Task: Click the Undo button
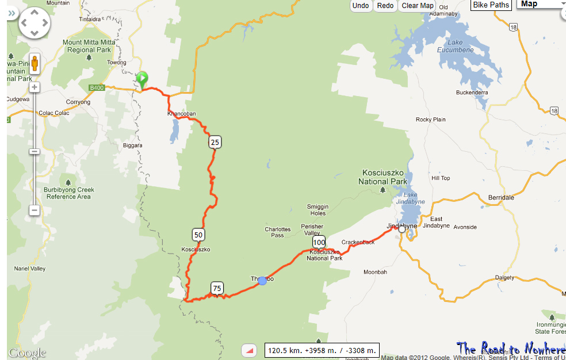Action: coord(361,6)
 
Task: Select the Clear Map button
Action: coord(418,6)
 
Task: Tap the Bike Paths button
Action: coord(491,5)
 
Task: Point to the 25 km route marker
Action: coord(215,142)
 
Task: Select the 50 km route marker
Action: coord(198,235)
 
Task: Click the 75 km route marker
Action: coord(217,288)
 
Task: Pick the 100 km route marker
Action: coord(319,243)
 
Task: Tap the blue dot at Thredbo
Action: coord(262,281)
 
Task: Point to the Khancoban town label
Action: coord(181,113)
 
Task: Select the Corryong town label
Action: coord(78,102)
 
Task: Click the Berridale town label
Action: coord(500,197)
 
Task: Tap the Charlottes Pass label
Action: coord(277,232)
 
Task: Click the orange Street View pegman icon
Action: coord(35,63)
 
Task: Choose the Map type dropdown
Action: coord(541,4)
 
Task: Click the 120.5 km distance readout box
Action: coord(322,350)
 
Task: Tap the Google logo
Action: coord(26,353)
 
